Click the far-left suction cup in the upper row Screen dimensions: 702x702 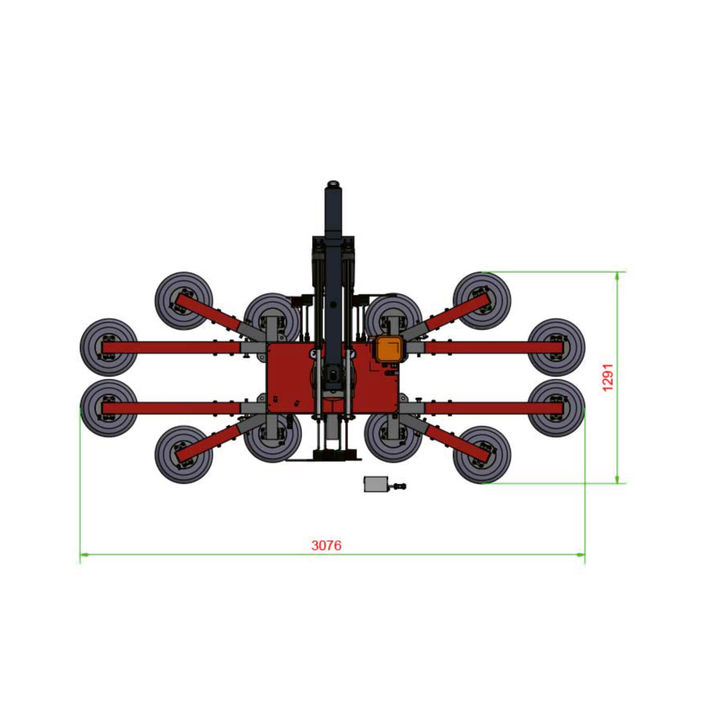(x=109, y=347)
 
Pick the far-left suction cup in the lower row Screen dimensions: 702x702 (x=109, y=408)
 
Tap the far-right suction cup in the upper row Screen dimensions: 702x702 (x=556, y=347)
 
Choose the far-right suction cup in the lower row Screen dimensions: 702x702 (x=556, y=408)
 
